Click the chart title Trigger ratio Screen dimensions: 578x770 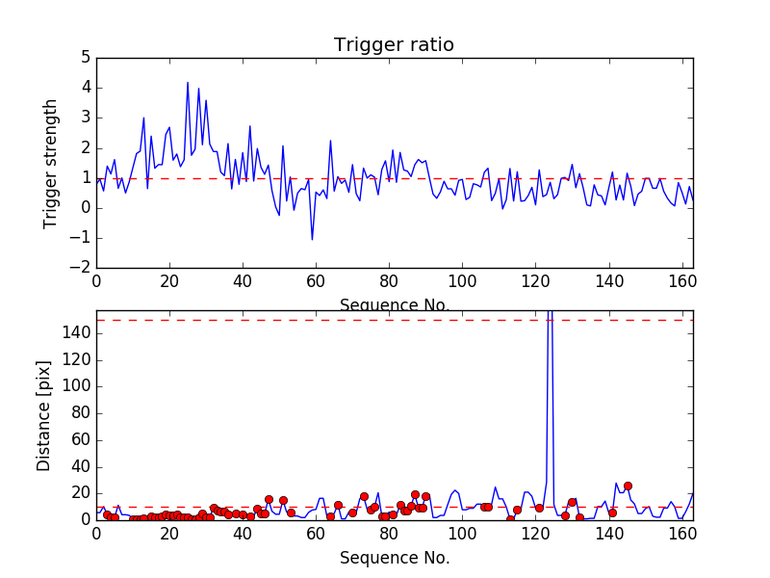394,45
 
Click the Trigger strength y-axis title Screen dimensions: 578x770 51,164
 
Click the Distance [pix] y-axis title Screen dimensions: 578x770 44,415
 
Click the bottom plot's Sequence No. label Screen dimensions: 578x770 394,558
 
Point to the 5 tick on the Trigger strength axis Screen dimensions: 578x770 86,58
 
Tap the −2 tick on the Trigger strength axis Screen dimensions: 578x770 81,268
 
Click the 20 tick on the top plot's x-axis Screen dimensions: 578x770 169,281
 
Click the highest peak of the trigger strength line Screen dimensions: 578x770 188,83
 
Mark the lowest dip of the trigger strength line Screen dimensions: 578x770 312,239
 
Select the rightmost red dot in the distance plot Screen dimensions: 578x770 628,486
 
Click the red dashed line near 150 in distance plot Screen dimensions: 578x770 289,320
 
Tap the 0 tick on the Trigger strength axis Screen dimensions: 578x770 86,208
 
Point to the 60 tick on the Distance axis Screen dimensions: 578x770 81,439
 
